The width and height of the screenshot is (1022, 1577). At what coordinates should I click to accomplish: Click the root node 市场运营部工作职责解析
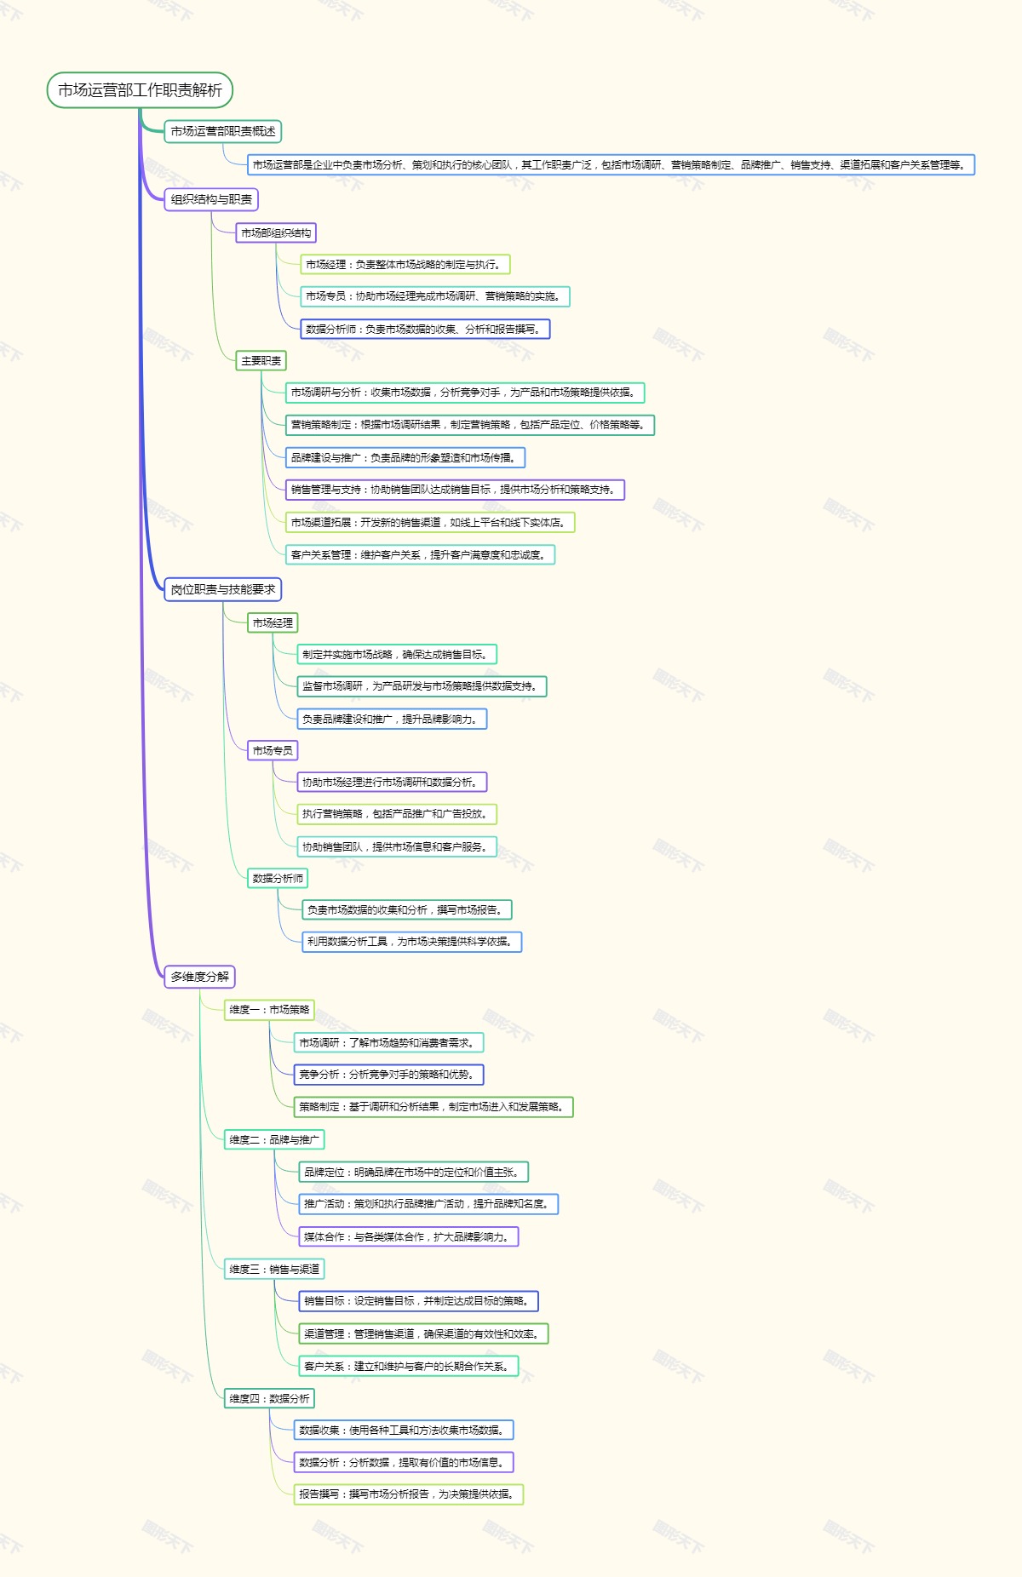pyautogui.click(x=140, y=90)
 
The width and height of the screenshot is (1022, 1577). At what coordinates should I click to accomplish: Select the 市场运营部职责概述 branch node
pyautogui.click(x=222, y=131)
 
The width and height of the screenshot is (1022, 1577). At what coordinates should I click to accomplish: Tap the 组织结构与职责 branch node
pyautogui.click(x=211, y=199)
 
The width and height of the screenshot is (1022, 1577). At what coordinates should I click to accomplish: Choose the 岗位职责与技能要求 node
pyautogui.click(x=222, y=589)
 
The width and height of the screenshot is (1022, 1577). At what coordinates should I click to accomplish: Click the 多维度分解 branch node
pyautogui.click(x=199, y=977)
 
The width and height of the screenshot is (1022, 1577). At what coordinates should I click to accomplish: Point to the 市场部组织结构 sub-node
pyautogui.click(x=276, y=232)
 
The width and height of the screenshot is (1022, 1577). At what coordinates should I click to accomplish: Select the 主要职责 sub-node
pyautogui.click(x=261, y=361)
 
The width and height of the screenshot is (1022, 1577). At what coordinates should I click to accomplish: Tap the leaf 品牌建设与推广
pyautogui.click(x=405, y=457)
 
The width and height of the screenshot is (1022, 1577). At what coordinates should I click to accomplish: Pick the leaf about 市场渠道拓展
pyautogui.click(x=429, y=522)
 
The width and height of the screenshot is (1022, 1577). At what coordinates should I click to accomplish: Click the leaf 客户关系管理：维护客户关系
pyautogui.click(x=420, y=554)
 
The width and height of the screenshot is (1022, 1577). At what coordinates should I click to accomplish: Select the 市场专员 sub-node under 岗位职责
pyautogui.click(x=273, y=750)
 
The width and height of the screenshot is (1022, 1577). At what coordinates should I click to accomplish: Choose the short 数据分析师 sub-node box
pyautogui.click(x=278, y=878)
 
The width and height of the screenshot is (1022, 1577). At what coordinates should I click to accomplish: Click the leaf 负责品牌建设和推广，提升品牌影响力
pyautogui.click(x=391, y=719)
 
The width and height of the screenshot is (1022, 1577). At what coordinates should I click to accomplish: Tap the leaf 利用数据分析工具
pyautogui.click(x=411, y=942)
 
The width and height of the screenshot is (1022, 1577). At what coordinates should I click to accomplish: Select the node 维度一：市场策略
pyautogui.click(x=269, y=1010)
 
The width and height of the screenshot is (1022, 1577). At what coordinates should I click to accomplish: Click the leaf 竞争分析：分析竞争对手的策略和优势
pyautogui.click(x=388, y=1075)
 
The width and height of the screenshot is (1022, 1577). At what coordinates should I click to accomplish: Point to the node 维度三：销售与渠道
pyautogui.click(x=274, y=1269)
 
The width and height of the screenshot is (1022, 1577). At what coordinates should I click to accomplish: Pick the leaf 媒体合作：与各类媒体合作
pyautogui.click(x=408, y=1236)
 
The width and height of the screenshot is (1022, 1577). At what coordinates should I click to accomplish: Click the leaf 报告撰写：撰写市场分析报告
pyautogui.click(x=408, y=1494)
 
